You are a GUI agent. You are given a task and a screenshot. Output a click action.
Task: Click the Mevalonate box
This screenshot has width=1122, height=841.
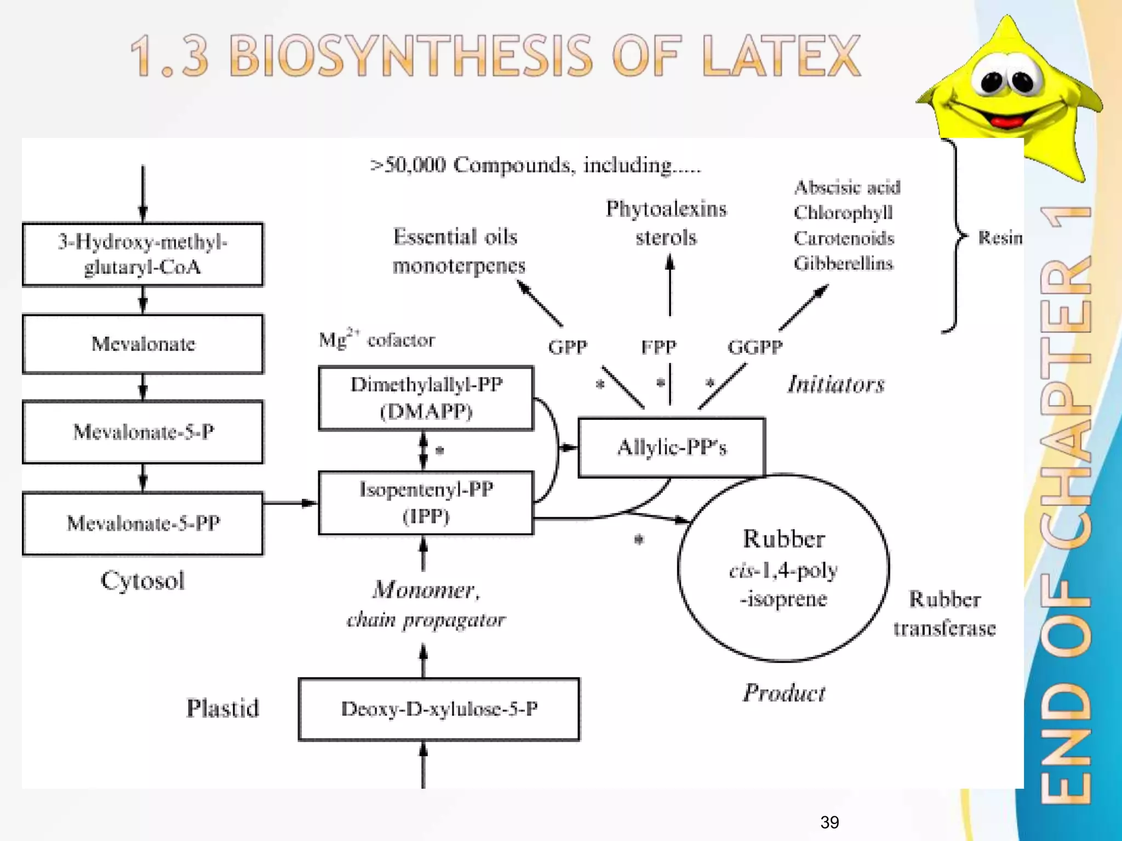point(143,344)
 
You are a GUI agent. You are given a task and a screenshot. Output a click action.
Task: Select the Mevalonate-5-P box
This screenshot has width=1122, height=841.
point(143,432)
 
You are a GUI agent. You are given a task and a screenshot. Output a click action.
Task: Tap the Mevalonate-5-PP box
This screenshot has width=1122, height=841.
point(143,523)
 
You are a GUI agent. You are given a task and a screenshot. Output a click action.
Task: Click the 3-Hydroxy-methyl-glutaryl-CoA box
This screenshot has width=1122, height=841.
point(143,255)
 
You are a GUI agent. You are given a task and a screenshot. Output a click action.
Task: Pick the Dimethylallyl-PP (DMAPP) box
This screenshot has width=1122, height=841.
point(426,398)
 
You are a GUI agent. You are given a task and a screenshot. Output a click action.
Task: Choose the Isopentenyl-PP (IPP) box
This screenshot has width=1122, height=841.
point(426,503)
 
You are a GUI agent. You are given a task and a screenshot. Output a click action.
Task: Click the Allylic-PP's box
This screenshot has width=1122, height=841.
point(672,447)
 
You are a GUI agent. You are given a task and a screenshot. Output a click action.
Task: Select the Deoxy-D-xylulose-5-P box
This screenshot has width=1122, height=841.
point(439,709)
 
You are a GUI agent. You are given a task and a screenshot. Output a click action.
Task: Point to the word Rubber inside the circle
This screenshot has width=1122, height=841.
point(783,539)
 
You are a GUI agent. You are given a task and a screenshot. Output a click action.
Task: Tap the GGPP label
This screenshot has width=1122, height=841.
point(755,347)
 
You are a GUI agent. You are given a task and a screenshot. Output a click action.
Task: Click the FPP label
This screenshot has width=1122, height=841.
point(659,347)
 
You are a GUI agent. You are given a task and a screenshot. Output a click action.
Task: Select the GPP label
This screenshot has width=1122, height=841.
point(568,347)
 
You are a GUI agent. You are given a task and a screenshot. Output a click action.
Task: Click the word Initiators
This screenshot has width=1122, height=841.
point(836,384)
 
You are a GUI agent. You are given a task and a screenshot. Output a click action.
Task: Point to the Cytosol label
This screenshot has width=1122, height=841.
point(142,580)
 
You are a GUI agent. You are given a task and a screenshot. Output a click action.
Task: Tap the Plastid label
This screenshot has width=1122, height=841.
point(222,708)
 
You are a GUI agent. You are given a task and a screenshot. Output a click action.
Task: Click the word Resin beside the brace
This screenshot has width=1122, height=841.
point(1000,238)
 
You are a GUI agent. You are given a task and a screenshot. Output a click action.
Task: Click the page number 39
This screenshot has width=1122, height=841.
point(829,822)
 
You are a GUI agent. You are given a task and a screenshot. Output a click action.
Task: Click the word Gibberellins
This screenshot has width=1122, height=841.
point(843,263)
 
